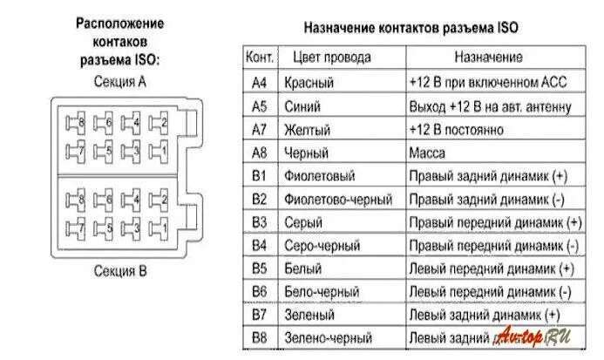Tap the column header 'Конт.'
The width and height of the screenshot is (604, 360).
point(260,58)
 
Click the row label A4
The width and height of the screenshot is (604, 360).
point(260,83)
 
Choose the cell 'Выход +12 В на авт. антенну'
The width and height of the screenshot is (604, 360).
point(490,107)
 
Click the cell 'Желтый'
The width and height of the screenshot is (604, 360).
point(307,130)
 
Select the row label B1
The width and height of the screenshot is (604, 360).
point(260,175)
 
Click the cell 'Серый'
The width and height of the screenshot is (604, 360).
point(303,222)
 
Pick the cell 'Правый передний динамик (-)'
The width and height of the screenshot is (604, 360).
point(494,245)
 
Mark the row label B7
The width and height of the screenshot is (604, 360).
point(260,314)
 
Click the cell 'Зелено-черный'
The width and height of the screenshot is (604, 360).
point(329,337)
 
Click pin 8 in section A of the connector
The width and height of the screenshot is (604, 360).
point(78,124)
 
